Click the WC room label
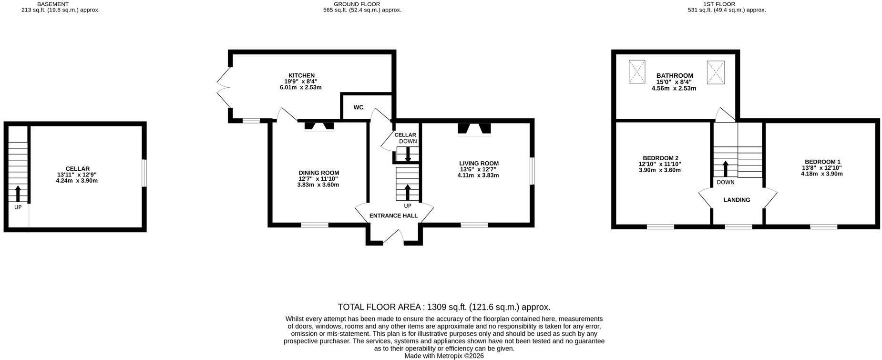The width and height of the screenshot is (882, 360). pyautogui.click(x=359, y=107)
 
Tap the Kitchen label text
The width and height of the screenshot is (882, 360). pyautogui.click(x=301, y=75)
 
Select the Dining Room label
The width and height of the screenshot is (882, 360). pyautogui.click(x=319, y=173)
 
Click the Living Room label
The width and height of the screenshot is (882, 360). pyautogui.click(x=479, y=164)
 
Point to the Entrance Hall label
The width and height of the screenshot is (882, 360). pyautogui.click(x=393, y=216)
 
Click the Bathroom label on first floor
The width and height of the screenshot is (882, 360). pyautogui.click(x=675, y=76)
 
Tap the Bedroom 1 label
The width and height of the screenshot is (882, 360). pyautogui.click(x=822, y=162)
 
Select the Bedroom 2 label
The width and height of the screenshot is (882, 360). pyautogui.click(x=660, y=158)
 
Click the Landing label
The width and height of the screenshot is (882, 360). pyautogui.click(x=737, y=200)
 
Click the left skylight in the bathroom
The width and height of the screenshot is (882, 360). pyautogui.click(x=637, y=72)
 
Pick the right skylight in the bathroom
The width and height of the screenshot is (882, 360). pyautogui.click(x=715, y=72)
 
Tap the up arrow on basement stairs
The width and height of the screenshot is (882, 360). pyautogui.click(x=18, y=194)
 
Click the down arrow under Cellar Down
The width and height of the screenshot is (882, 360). pyautogui.click(x=408, y=154)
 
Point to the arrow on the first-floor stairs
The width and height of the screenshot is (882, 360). pyautogui.click(x=726, y=169)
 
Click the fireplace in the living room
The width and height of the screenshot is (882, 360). pyautogui.click(x=474, y=130)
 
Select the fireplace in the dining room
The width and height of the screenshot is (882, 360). pyautogui.click(x=319, y=126)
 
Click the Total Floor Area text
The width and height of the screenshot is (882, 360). pyautogui.click(x=444, y=307)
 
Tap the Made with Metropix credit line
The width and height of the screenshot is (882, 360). pyautogui.click(x=444, y=356)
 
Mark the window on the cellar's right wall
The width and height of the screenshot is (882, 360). pyautogui.click(x=144, y=173)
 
